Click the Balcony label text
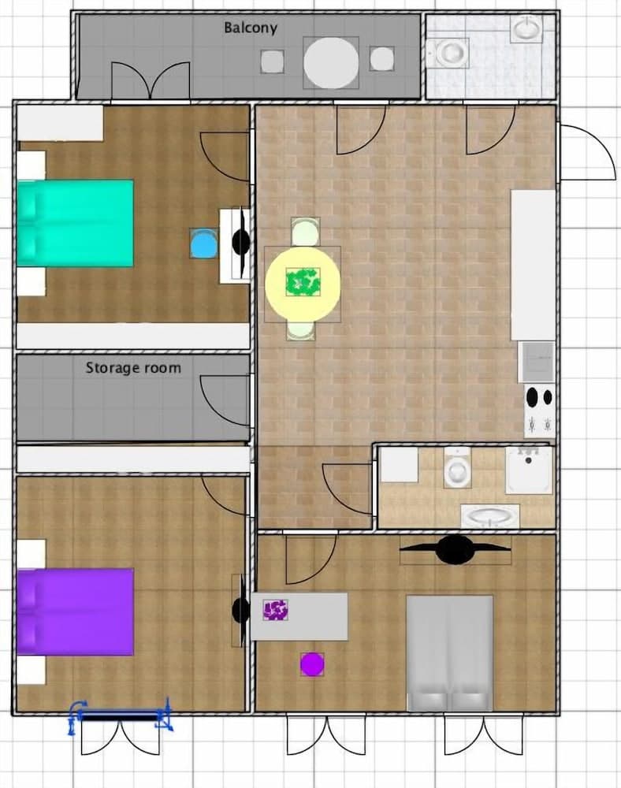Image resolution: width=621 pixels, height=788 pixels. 250,28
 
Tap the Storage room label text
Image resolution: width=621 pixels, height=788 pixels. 133,368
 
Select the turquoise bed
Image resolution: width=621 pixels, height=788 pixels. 76,223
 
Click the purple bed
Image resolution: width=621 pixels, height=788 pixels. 76,611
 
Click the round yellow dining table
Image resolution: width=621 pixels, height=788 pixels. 303,283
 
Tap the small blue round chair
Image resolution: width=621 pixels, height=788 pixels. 203,243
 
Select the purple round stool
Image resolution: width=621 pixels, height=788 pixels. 312,664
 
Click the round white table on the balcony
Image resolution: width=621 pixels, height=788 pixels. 331,62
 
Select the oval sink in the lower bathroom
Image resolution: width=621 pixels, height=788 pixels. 489,517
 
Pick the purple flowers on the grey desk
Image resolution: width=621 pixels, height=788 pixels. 275,609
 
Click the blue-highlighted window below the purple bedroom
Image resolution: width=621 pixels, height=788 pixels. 121,716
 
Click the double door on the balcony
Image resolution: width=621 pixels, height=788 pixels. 151,81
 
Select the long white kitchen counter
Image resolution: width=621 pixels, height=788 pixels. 534,264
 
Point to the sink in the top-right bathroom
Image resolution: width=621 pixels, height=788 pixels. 526,30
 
